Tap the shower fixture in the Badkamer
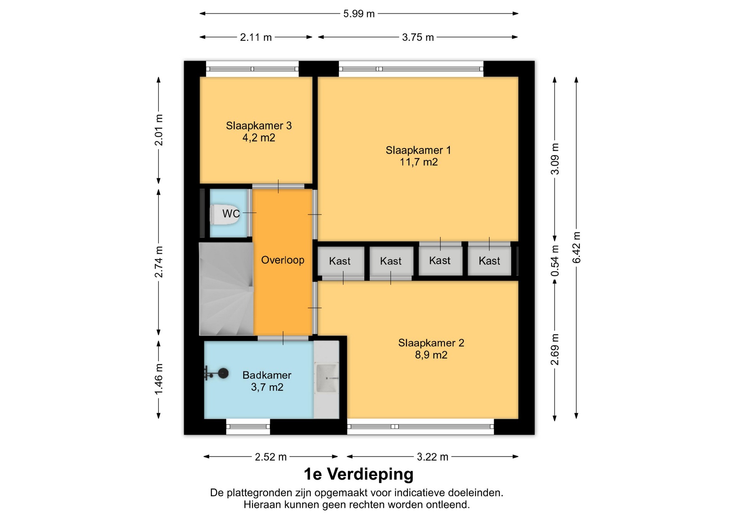pyautogui.click(x=217, y=373)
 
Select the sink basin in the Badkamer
pyautogui.click(x=327, y=378)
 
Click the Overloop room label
pyautogui.click(x=283, y=260)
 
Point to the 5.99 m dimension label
pyautogui.click(x=359, y=14)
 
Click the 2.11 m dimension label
pyautogui.click(x=256, y=37)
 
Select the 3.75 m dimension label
pyautogui.click(x=418, y=37)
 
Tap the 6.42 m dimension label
pyautogui.click(x=577, y=247)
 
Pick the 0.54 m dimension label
pyautogui.click(x=555, y=261)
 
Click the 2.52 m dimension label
pyautogui.click(x=271, y=457)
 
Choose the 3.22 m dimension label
pyautogui.click(x=433, y=457)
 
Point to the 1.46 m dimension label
pyautogui.click(x=158, y=379)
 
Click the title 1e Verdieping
pyautogui.click(x=359, y=474)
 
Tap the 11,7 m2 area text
pyautogui.click(x=419, y=162)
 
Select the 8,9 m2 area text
pyautogui.click(x=431, y=355)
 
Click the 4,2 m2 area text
pyautogui.click(x=259, y=138)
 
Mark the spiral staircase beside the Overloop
pyautogui.click(x=226, y=289)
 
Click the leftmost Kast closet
pyautogui.click(x=341, y=261)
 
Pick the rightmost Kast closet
pyautogui.click(x=489, y=261)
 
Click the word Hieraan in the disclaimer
pyautogui.click(x=263, y=505)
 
